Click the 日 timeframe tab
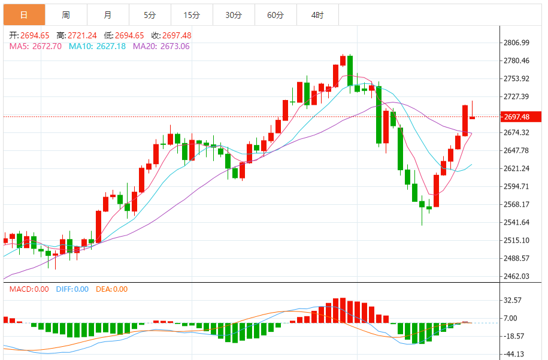click(24, 15)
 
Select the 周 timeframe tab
click(66, 15)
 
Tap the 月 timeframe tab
click(107, 15)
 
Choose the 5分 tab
click(150, 15)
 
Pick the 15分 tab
click(192, 15)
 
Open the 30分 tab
click(234, 15)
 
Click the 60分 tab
click(275, 15)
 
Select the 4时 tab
click(317, 15)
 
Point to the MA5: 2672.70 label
click(35, 46)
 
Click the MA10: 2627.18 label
click(97, 46)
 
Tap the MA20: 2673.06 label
click(161, 46)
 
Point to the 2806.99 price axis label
click(516, 43)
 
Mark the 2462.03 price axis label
click(516, 276)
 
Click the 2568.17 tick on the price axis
click(516, 204)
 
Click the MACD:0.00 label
click(29, 289)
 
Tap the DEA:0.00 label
click(112, 289)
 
